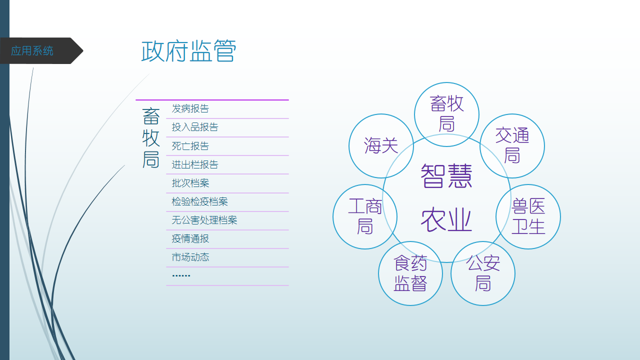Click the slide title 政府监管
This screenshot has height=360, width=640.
pos(189,51)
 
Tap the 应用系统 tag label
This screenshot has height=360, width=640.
pos(32,51)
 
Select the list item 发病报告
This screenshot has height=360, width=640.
pos(190,108)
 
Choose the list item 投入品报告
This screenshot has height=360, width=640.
pos(195,127)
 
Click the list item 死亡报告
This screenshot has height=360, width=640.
pos(190,146)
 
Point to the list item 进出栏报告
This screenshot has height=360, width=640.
pos(195,164)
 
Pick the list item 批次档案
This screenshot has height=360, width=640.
pos(190,183)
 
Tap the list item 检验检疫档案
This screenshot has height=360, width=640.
pos(199,201)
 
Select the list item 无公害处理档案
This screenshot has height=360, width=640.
pos(204,220)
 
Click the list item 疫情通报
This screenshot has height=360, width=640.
pos(190,238)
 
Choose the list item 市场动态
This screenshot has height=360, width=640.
pos(190,257)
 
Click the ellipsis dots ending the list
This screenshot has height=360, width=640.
pos(181,275)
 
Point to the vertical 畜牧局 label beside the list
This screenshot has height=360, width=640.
pos(151,138)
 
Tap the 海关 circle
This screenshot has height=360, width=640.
pos(381,146)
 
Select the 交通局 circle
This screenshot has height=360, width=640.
pos(512,146)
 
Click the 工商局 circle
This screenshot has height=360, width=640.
pos(365,217)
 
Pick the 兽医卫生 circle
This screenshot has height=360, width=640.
pos(528,217)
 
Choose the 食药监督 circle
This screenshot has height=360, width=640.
pos(410,273)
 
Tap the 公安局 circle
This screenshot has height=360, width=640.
pos(483,273)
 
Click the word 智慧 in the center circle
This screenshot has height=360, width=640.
pos(446,175)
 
